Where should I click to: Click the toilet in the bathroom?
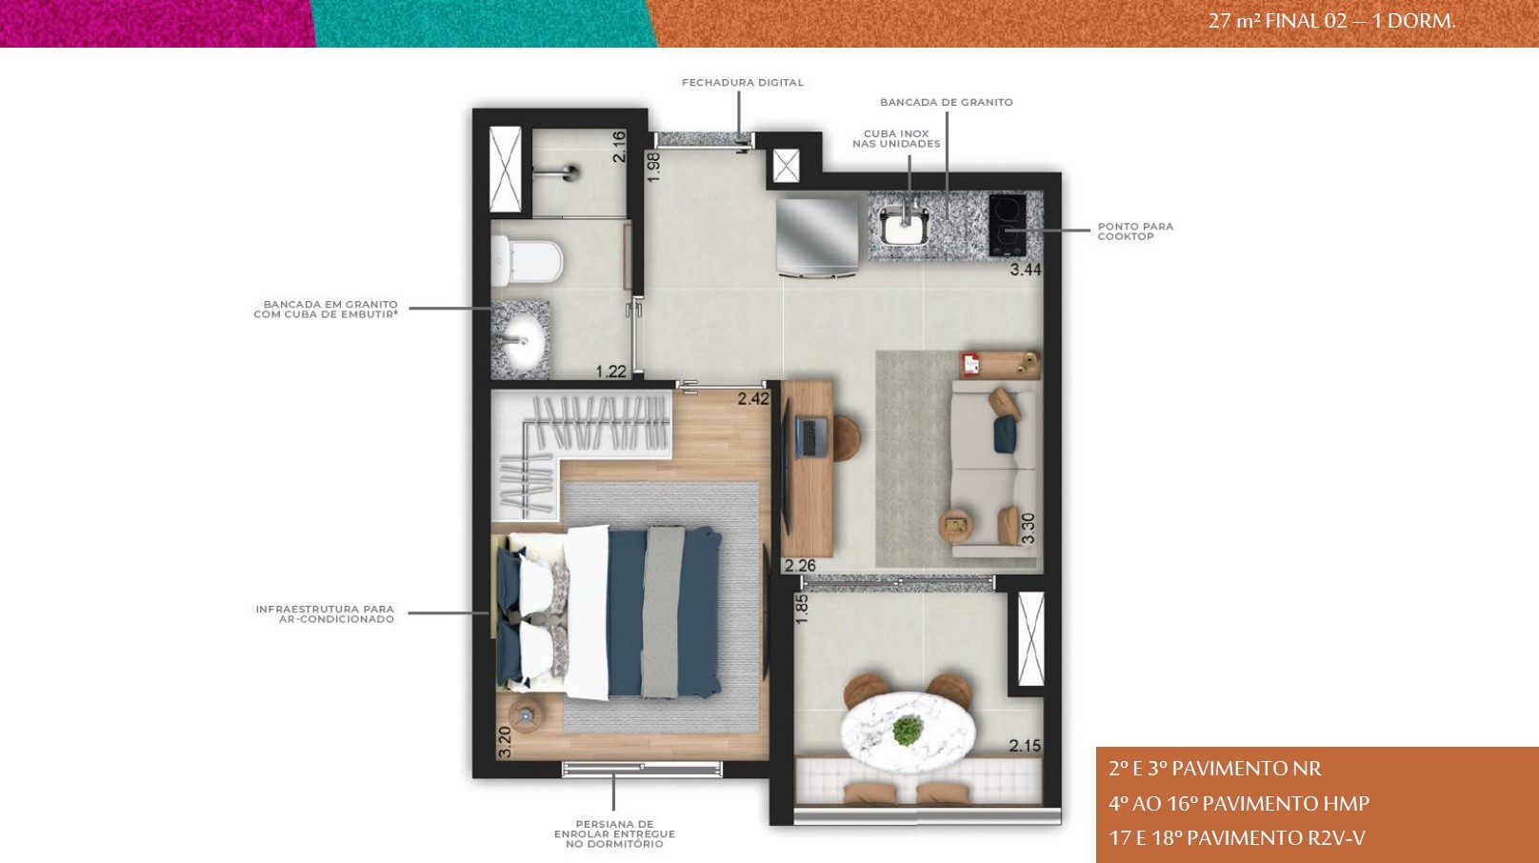pos(528,261)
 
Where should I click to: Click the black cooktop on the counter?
pos(1008,226)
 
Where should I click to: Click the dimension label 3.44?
pos(1025,270)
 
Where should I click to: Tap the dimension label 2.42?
pos(753,399)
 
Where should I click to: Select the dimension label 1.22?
pos(610,371)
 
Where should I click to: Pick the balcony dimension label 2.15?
pos(1025,746)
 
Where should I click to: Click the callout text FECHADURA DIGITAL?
pos(742,83)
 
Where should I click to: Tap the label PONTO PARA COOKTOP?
pos(1135,231)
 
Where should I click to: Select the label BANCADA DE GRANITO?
pos(946,102)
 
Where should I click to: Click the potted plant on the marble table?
pos(908,731)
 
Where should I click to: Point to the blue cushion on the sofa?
pos(1005,434)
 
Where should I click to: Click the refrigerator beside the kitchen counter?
pos(817,236)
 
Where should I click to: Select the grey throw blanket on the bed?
pos(663,612)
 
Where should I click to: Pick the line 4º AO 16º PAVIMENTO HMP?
pos(1239,803)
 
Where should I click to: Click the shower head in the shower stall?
pos(568,172)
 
